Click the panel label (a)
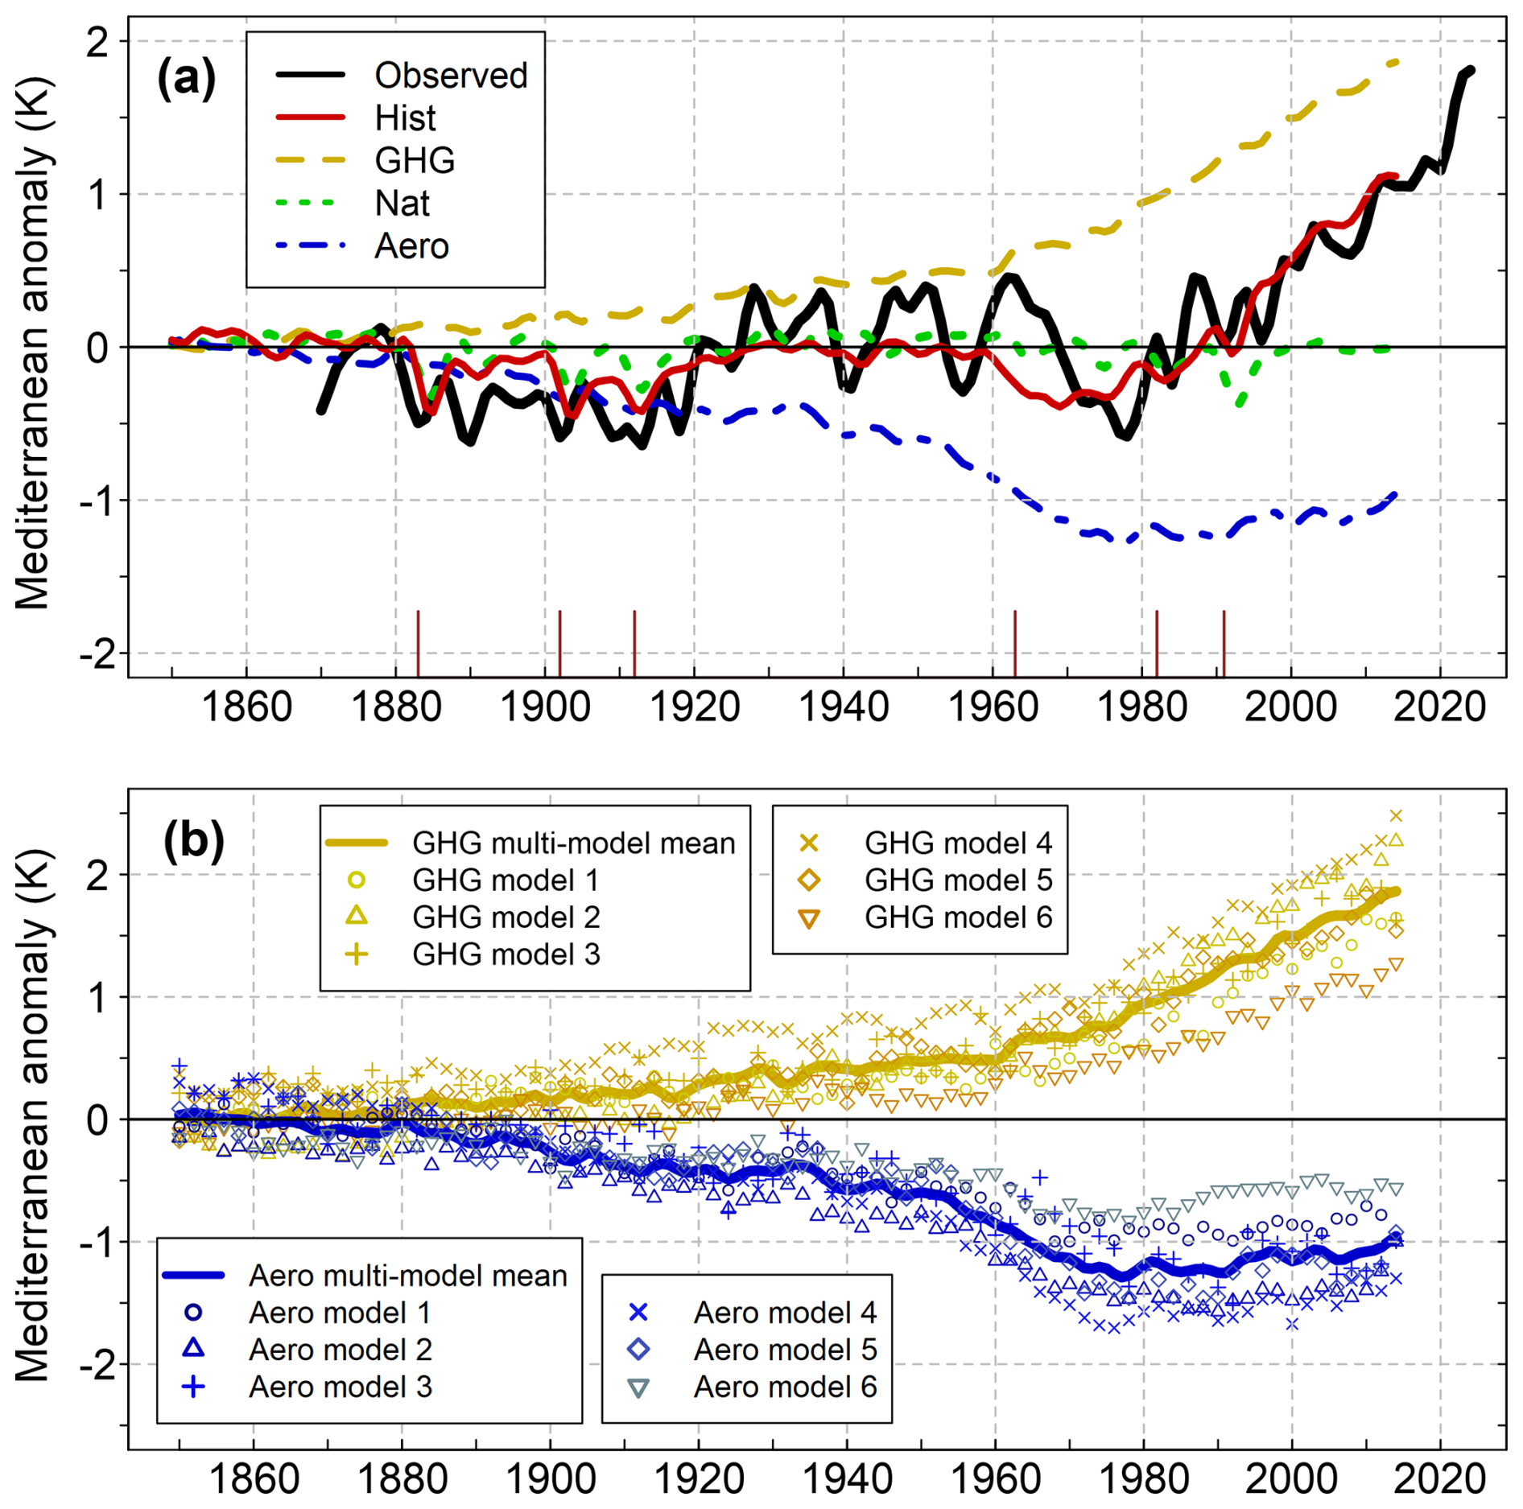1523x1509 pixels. coord(186,79)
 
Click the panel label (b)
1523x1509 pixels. coord(193,841)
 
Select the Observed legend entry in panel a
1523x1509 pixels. coord(450,76)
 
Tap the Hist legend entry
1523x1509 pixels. coord(405,118)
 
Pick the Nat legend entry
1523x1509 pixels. coord(402,204)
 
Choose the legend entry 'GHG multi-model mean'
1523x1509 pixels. coord(573,843)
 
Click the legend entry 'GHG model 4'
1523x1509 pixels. coord(958,843)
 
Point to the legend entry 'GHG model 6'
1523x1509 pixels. coord(958,917)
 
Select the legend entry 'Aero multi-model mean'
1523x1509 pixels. coord(408,1276)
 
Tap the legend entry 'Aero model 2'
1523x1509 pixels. coord(340,1350)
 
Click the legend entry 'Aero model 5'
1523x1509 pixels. coord(785,1350)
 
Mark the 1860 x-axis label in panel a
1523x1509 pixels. coord(246,707)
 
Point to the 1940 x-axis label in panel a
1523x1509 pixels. coord(843,707)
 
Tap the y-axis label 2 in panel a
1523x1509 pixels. coord(97,42)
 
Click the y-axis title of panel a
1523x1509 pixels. coord(34,344)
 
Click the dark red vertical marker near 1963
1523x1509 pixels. coord(1015,643)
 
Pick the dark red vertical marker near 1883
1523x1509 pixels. coord(418,643)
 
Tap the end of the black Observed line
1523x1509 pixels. coord(1471,71)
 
